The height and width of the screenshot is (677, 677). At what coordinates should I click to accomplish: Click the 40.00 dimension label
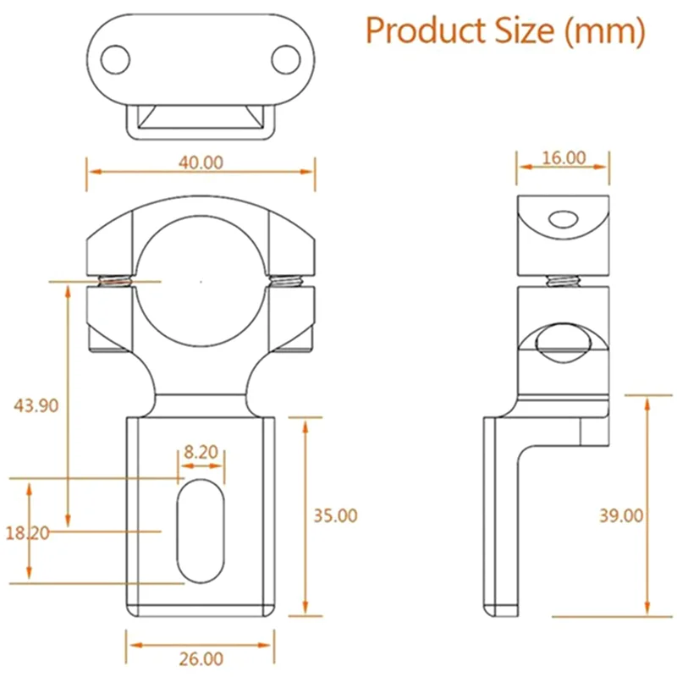201,162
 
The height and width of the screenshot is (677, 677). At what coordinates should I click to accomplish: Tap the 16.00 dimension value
563,157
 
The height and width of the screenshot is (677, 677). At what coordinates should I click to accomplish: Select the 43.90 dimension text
36,405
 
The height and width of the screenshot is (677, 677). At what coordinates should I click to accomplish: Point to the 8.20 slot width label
201,452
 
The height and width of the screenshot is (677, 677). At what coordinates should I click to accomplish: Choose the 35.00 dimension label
335,515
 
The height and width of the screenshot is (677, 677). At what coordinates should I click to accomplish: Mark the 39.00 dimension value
620,515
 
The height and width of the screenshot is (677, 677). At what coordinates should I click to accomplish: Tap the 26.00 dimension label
201,658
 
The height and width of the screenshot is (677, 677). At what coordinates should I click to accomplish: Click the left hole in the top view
114,58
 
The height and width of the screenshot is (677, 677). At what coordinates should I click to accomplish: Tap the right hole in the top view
286,58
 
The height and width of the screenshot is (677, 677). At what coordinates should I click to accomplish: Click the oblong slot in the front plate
200,531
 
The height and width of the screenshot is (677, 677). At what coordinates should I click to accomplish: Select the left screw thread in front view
116,283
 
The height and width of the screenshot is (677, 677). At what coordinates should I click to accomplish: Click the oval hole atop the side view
562,221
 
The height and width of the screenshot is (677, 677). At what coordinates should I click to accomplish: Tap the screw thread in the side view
562,279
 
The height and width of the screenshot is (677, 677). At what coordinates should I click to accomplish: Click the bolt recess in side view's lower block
562,342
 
